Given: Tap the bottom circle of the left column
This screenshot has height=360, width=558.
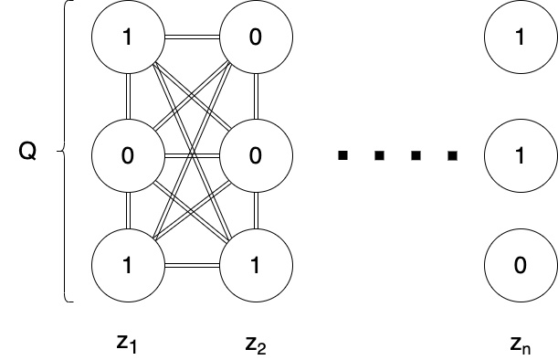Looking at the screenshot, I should click(128, 266).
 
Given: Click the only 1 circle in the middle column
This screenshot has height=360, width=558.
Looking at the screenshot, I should click(256, 266).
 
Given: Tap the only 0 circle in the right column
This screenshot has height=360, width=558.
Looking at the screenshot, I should click(520, 266).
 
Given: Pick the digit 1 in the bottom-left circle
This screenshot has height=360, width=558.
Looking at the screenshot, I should click(128, 266).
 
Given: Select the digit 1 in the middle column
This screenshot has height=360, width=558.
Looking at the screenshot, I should click(256, 266).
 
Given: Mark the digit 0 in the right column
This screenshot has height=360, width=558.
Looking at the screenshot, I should click(520, 266).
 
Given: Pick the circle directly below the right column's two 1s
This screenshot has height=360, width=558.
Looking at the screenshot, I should click(520, 266).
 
